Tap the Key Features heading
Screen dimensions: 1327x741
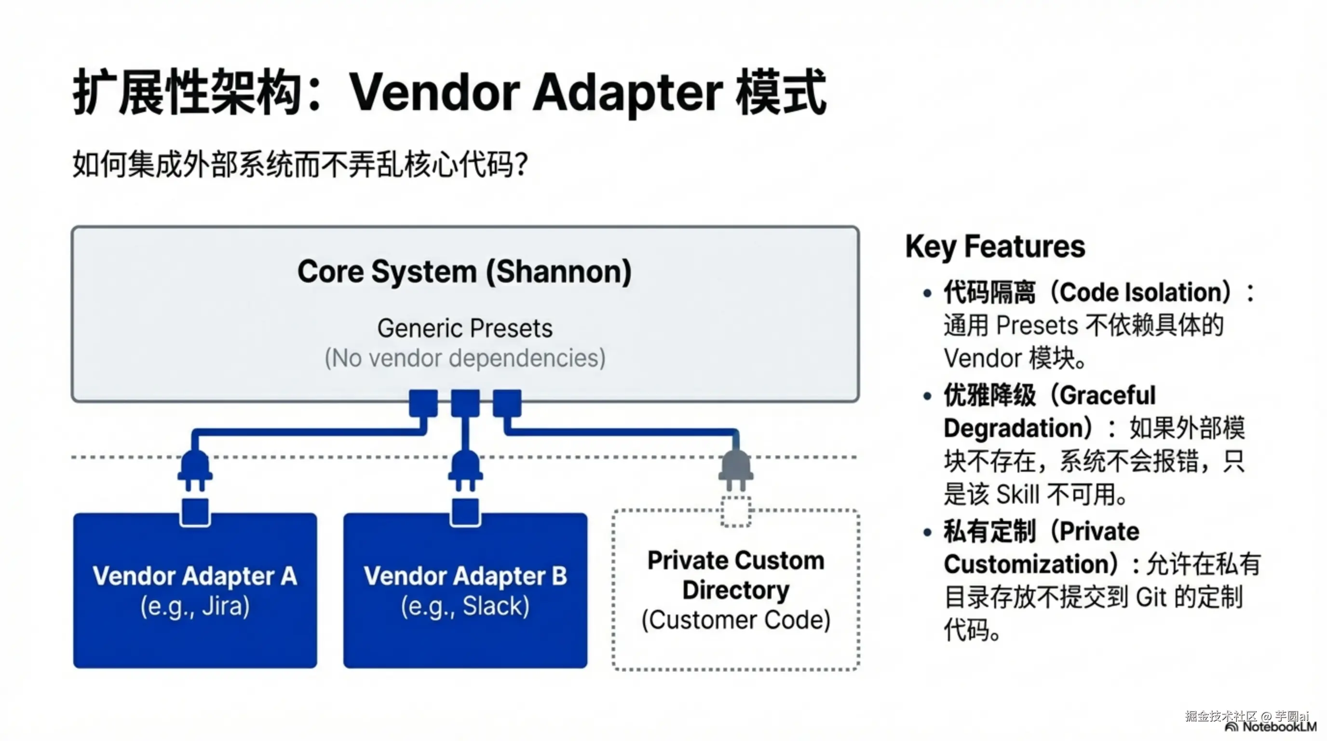point(995,247)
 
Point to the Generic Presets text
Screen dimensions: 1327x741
point(465,328)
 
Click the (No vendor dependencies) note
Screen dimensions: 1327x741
point(465,358)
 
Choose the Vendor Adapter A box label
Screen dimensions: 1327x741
point(195,576)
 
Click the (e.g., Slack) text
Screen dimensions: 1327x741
point(465,606)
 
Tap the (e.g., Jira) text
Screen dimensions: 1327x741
point(195,606)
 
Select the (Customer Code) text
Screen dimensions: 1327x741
point(736,620)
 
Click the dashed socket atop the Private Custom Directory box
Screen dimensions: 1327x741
point(736,512)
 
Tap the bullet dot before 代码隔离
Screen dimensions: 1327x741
point(928,294)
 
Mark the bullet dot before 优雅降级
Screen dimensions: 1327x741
point(928,396)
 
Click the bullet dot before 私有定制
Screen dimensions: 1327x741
point(928,532)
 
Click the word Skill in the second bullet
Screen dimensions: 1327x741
point(1018,494)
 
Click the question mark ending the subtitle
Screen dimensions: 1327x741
point(521,165)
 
